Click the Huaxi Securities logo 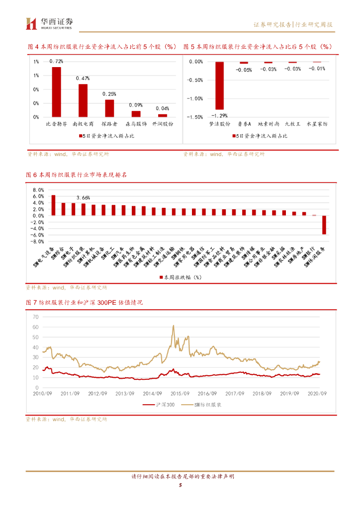click(50, 23)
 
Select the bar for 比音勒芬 click(56, 92)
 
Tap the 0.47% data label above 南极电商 click(83, 79)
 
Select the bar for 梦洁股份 click(219, 85)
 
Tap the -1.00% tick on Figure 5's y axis click(195, 98)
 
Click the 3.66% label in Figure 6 click(83, 197)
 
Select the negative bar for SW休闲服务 click(324, 225)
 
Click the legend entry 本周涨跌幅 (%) click(180, 277)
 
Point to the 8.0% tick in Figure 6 click(38, 190)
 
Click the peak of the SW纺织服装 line click(173, 326)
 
